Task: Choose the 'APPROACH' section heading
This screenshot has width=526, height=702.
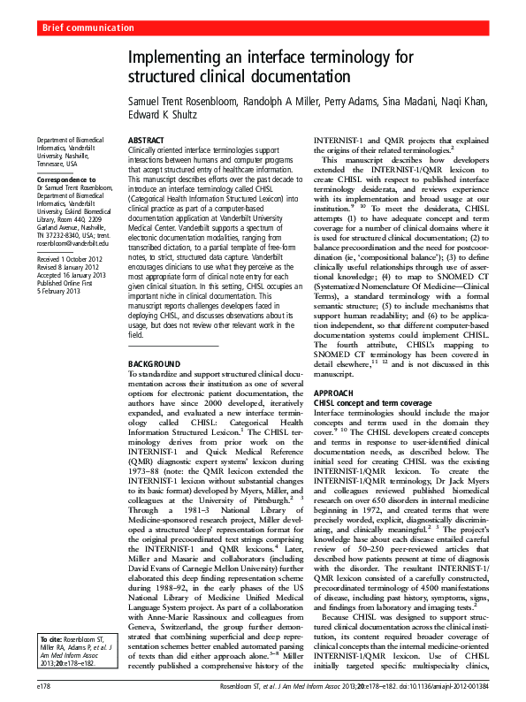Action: point(334,392)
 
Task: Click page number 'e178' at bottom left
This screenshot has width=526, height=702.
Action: point(43,685)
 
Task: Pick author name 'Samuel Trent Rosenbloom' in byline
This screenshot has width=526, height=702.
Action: point(190,102)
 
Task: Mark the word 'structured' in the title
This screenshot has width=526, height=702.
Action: point(164,78)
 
